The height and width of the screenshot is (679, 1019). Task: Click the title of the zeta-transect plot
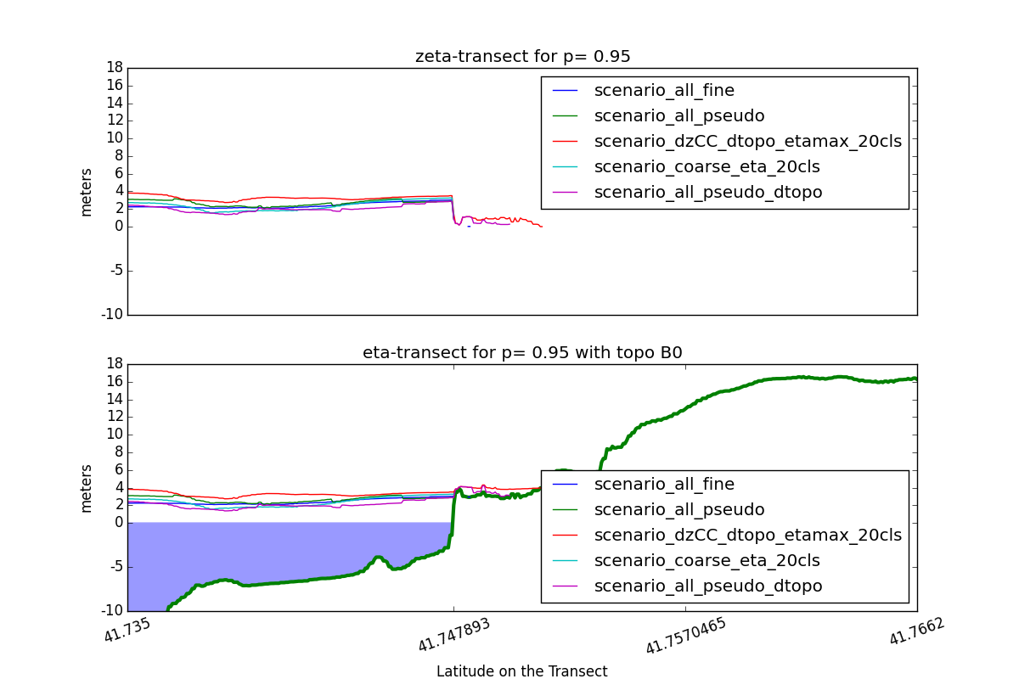[x=522, y=57]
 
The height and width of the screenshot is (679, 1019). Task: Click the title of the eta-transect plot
[x=522, y=353]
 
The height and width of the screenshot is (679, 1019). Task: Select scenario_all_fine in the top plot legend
[x=664, y=90]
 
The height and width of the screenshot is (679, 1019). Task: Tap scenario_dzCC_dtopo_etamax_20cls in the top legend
[x=747, y=141]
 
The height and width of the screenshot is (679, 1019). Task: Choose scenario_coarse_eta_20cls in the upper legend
[x=707, y=166]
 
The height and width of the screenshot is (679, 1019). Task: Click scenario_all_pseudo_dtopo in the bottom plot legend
[x=708, y=586]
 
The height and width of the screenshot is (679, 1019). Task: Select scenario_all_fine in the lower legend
[x=664, y=485]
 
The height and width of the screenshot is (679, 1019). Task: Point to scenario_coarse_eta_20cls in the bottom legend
[x=707, y=560]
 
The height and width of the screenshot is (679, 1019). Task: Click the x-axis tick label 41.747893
[x=455, y=637]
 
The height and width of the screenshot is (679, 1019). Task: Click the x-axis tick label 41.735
[x=127, y=631]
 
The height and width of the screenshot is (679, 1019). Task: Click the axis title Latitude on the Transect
[x=522, y=671]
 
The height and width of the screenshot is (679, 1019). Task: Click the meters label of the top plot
[x=86, y=192]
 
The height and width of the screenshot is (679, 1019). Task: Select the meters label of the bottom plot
[x=86, y=488]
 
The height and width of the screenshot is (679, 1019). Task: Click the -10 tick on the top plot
[x=113, y=315]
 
